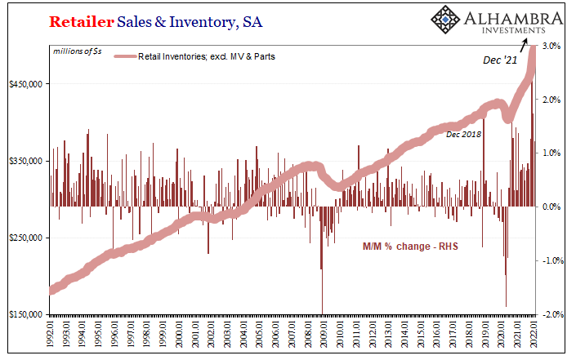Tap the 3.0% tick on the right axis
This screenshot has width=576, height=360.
pyautogui.click(x=551, y=46)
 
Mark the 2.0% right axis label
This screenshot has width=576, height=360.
pyautogui.click(x=551, y=100)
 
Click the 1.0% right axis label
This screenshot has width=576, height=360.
pyautogui.click(x=551, y=153)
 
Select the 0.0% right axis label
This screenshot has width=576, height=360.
pyautogui.click(x=551, y=207)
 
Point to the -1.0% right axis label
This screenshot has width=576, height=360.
pyautogui.click(x=551, y=260)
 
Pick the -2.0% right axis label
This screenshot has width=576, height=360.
pyautogui.click(x=551, y=314)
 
